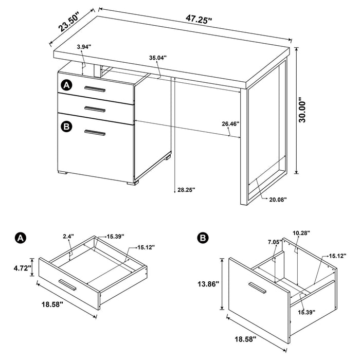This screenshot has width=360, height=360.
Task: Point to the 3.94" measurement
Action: (83, 47)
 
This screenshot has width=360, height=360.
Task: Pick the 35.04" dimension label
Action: (158, 58)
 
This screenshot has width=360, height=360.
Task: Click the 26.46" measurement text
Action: (231, 123)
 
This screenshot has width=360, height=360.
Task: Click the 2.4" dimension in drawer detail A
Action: (68, 236)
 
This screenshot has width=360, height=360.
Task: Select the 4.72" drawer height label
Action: (22, 267)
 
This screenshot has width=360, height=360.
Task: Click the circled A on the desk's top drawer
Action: (66, 84)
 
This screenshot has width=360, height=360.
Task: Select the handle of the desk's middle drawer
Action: (95, 108)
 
